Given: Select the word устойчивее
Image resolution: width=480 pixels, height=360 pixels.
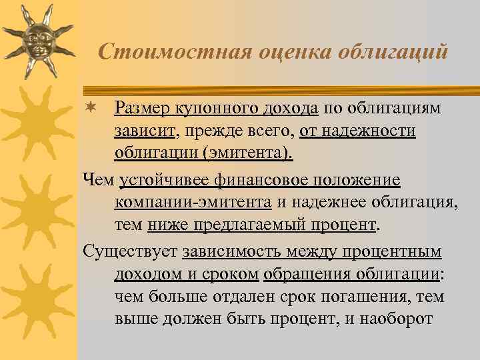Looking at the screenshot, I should [163, 179].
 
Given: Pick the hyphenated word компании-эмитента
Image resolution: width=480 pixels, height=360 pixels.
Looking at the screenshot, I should [193, 202].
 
